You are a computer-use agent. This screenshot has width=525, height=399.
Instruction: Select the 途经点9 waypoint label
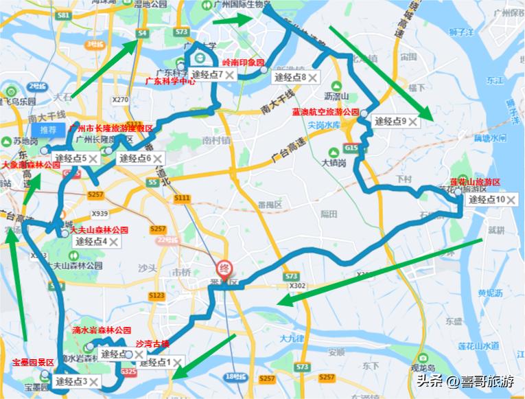tap(390, 122)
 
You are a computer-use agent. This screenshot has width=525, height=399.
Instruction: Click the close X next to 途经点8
tap(313, 78)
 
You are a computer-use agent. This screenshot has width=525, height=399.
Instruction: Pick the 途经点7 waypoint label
tap(207, 75)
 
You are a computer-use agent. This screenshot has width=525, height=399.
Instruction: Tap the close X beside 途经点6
tap(157, 159)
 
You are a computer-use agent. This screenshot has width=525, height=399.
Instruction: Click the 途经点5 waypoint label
tap(71, 159)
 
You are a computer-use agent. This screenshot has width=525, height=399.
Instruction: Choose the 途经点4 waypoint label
tap(91, 242)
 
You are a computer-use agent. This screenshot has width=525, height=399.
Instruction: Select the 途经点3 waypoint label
tap(71, 381)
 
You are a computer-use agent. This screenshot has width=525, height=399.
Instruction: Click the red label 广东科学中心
tap(170, 81)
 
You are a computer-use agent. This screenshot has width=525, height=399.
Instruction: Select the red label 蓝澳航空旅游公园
tap(325, 111)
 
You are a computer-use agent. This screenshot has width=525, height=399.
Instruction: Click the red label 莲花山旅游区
tap(475, 182)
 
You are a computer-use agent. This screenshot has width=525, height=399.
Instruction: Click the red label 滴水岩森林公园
tap(101, 330)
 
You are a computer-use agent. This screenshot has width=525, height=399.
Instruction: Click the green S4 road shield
tap(142, 32)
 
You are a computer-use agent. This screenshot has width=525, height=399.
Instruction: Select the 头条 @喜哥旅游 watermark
tap(463, 381)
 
